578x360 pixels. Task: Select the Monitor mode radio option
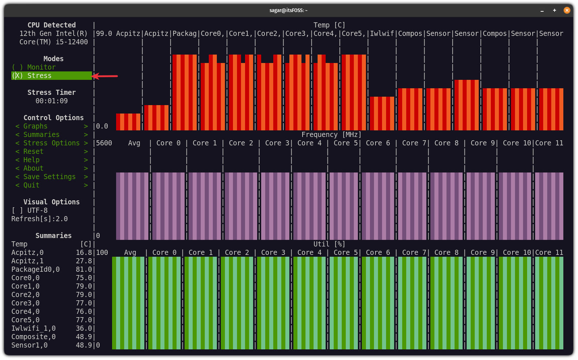tap(34, 67)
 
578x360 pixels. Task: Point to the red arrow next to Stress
tap(105, 76)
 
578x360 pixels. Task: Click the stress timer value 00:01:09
tap(52, 101)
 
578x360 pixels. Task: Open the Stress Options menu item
tap(51, 143)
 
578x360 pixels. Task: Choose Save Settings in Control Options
tap(49, 177)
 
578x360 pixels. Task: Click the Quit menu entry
tap(32, 185)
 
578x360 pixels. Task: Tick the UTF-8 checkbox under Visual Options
tap(17, 211)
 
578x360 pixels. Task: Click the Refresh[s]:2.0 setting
tap(40, 219)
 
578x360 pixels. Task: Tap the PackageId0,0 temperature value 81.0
tap(84, 270)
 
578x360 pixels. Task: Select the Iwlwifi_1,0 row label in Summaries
tap(33, 329)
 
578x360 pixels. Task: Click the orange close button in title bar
tap(567, 10)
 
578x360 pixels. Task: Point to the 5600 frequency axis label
tap(104, 143)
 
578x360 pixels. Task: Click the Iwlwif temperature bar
tap(382, 114)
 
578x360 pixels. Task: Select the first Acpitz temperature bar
tap(128, 122)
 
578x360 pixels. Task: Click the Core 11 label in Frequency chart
tap(549, 143)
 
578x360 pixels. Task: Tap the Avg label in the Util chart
tap(130, 253)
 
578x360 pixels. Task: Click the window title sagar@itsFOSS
tap(288, 10)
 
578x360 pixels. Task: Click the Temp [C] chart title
tap(329, 25)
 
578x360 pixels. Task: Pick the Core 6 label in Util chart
tap(378, 253)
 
